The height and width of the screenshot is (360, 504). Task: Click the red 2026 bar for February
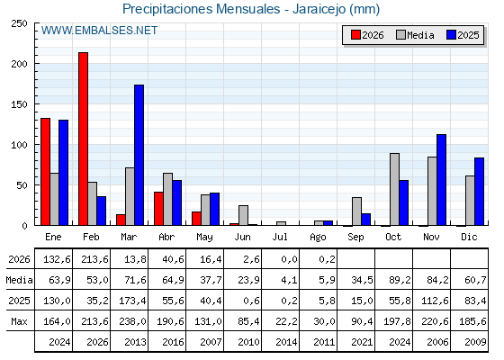pyautogui.click(x=83, y=139)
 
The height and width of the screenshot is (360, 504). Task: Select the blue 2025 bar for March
pyautogui.click(x=139, y=155)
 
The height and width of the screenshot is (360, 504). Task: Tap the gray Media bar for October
pyautogui.click(x=395, y=189)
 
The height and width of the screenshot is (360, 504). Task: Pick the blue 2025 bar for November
pyautogui.click(x=442, y=180)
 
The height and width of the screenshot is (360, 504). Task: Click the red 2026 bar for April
pyautogui.click(x=158, y=209)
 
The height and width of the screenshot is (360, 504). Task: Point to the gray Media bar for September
pyautogui.click(x=356, y=211)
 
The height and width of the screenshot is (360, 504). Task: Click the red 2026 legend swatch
pyautogui.click(x=355, y=35)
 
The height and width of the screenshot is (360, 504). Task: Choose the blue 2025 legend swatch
pyautogui.click(x=451, y=35)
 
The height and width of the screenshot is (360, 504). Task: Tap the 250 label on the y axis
pyautogui.click(x=19, y=23)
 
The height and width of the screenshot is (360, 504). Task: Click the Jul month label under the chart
pyautogui.click(x=280, y=237)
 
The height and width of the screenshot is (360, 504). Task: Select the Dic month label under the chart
pyautogui.click(x=469, y=237)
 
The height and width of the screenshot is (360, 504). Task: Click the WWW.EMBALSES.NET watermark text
pyautogui.click(x=99, y=31)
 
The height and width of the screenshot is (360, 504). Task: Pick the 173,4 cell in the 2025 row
pyautogui.click(x=132, y=301)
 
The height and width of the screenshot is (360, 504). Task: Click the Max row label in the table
pyautogui.click(x=19, y=321)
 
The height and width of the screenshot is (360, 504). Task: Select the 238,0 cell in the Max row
pyautogui.click(x=132, y=321)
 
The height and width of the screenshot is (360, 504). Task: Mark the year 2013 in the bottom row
pyautogui.click(x=135, y=342)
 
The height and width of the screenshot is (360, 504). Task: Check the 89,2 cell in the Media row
pyautogui.click(x=400, y=280)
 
